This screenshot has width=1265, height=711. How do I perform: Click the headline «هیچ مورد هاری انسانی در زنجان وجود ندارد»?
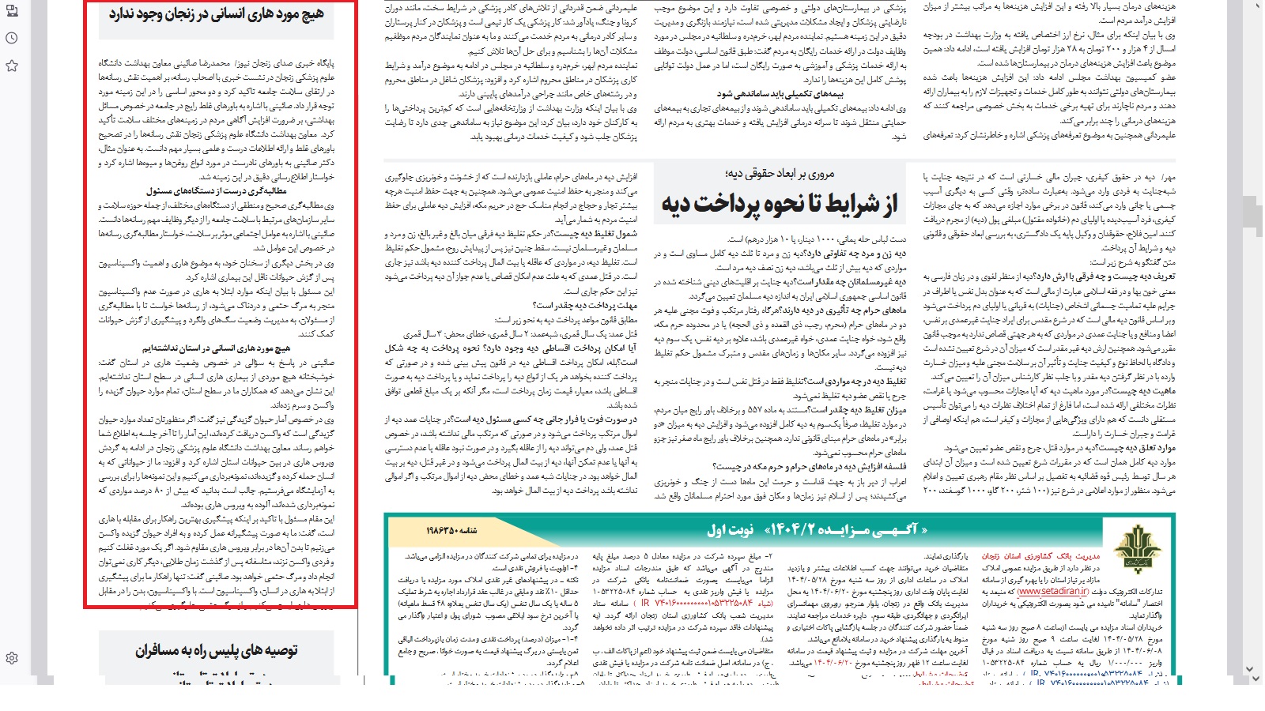coord(217,14)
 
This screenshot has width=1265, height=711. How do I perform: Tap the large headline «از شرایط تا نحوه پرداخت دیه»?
coord(780,205)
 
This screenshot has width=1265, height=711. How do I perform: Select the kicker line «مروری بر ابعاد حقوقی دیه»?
coord(780,173)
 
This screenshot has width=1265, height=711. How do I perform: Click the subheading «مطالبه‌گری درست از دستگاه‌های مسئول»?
coord(216,191)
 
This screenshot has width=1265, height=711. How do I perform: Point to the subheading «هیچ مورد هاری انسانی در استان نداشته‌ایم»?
coord(216,348)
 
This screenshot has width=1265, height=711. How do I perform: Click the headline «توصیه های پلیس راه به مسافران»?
coord(216,650)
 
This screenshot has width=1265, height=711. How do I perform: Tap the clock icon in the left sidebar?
coord(12,38)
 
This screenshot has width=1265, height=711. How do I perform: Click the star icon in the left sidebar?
coord(12,66)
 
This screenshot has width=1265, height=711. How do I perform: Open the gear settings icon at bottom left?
coord(12,658)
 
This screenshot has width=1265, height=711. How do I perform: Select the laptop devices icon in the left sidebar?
coord(12,10)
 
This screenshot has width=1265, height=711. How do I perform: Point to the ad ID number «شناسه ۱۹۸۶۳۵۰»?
coord(451,530)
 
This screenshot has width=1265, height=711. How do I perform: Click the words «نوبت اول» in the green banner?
coord(730,529)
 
